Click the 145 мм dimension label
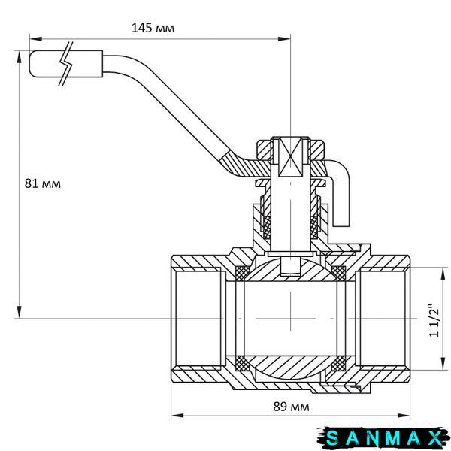coord(153,29)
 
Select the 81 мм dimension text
coord(43,183)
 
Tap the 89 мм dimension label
coord(291,407)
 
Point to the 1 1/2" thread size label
coord(434,320)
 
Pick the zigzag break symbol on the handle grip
coord(66,64)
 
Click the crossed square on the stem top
coord(290,157)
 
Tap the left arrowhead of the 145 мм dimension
coord(36,39)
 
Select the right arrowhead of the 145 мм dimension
coord(283,39)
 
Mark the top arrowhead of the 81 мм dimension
coord(20,57)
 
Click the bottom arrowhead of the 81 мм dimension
coord(20,312)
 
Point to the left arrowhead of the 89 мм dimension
coord(177,416)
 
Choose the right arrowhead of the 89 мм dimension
coord(403,416)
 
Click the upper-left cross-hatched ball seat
coord(242,272)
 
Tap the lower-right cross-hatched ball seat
coord(339,364)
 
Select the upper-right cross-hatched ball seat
coord(339,272)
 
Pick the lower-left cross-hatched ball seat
coord(242,364)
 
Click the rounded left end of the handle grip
coord(31,64)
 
